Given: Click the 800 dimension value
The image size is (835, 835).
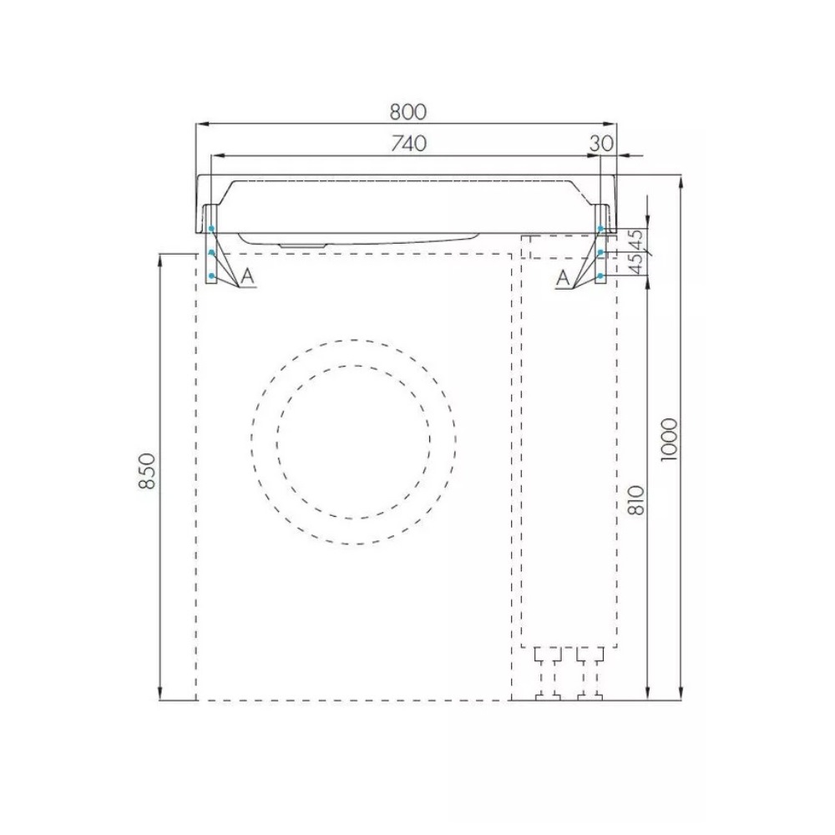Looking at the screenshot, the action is [x=408, y=112].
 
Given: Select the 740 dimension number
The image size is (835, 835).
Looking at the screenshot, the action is [x=408, y=144].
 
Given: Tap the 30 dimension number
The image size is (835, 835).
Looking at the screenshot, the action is [x=602, y=144].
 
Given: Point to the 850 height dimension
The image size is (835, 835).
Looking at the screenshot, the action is [x=146, y=471].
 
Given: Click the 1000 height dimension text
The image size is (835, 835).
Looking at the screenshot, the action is [x=669, y=440].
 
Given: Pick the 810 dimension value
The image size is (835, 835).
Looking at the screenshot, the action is [x=636, y=499].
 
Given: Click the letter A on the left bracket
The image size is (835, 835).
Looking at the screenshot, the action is [x=248, y=276].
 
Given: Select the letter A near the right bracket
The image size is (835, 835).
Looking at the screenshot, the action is [x=562, y=278].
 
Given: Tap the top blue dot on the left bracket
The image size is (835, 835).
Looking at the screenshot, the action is [x=211, y=229].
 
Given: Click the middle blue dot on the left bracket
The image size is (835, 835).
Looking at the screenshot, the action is [x=211, y=252].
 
